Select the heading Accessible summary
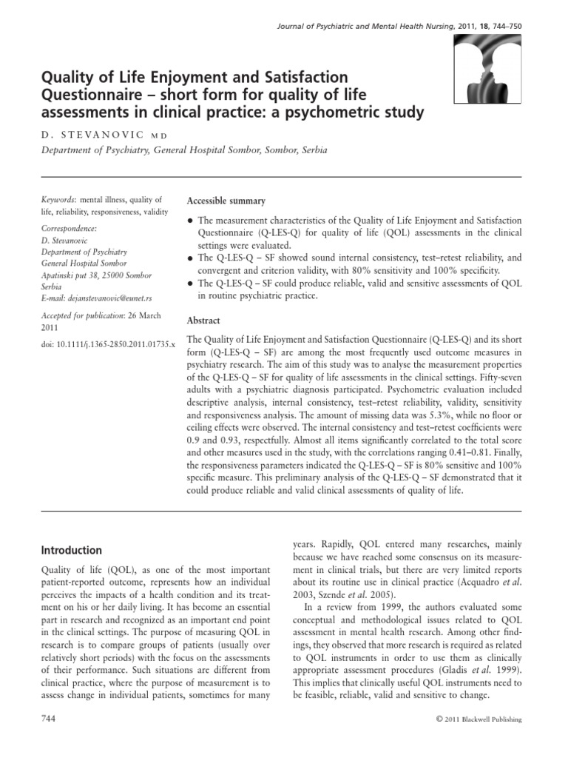226,201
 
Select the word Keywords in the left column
58,200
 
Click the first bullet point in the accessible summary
192,221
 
